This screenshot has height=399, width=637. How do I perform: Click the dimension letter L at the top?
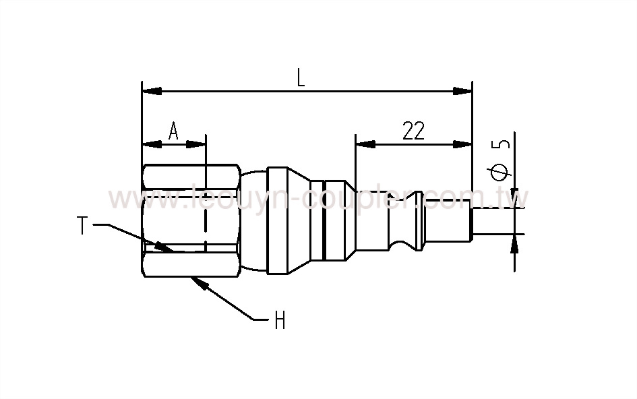[301, 78]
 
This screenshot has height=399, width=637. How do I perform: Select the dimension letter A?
[173, 130]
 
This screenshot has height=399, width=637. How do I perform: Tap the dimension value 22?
[413, 130]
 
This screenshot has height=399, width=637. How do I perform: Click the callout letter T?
[82, 226]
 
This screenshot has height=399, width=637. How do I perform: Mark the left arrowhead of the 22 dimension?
[365, 144]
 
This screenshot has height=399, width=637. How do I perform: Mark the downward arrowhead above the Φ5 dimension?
[516, 199]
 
